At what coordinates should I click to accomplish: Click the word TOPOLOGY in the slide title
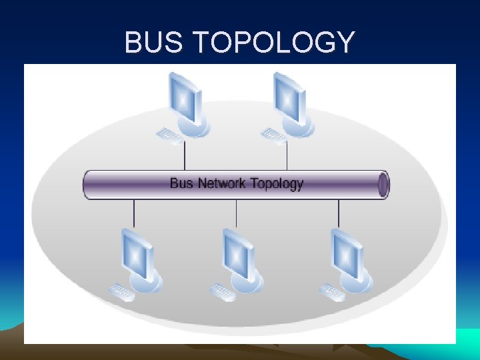pos(274,43)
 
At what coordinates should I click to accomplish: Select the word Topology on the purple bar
pos(275,183)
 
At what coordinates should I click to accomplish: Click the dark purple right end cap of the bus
pos(383,185)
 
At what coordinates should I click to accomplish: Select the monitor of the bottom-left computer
pos(137,254)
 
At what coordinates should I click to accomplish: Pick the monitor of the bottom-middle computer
pos(238,254)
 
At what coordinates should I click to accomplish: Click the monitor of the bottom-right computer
pos(347,254)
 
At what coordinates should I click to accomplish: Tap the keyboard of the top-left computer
pos(169,137)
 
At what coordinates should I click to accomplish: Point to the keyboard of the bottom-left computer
pos(123,292)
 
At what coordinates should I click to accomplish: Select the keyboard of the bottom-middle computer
pos(223,292)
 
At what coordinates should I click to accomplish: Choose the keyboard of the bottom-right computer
pos(332,292)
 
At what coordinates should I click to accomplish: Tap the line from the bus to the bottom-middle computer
pos(237,213)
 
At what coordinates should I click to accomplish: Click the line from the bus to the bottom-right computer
pos(339,213)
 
